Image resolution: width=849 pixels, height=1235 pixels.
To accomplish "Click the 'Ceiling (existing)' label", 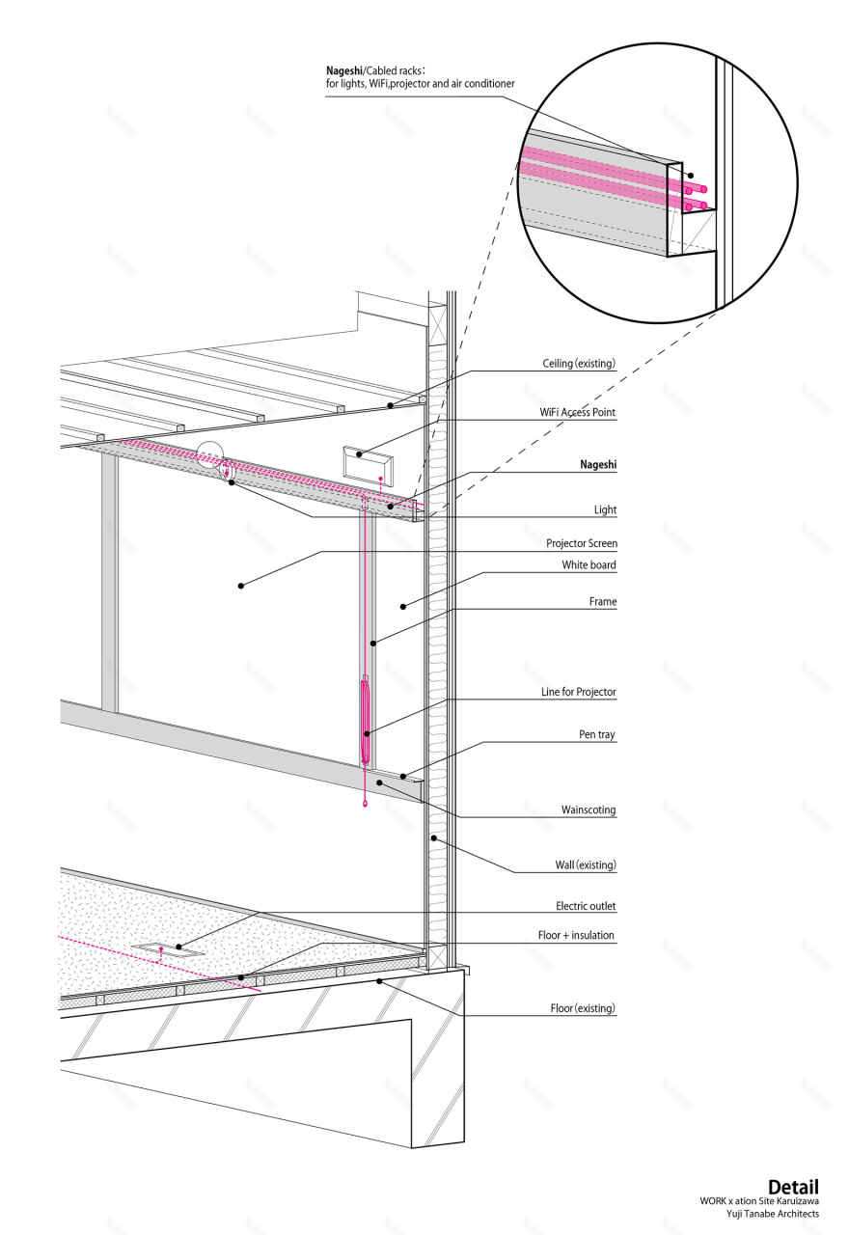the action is (x=579, y=364).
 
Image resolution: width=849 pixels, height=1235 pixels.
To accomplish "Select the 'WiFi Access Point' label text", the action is (x=577, y=412).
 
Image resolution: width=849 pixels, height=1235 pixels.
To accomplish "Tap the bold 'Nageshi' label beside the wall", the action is (x=598, y=464).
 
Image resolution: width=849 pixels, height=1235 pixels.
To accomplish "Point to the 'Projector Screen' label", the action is (x=582, y=543).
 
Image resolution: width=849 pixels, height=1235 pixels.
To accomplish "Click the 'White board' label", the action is (x=589, y=564).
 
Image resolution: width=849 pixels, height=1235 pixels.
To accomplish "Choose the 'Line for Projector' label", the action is (x=578, y=692).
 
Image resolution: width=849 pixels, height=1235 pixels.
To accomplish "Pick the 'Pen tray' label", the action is (x=596, y=734).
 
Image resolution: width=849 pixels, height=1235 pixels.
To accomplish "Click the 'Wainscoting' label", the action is (x=589, y=810).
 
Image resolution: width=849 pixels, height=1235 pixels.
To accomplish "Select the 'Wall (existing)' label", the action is (x=586, y=864).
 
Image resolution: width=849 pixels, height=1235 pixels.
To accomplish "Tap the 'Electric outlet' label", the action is (x=586, y=906).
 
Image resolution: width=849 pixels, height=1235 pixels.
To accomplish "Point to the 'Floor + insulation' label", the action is (x=576, y=935).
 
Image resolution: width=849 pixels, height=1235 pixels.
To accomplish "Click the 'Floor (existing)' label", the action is (x=583, y=1008).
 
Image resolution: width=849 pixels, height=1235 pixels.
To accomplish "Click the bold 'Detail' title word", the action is (x=793, y=1187).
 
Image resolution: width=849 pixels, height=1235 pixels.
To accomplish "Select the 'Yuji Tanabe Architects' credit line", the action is (x=773, y=1213).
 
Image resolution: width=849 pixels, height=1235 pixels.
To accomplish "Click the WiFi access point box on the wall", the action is (x=369, y=465).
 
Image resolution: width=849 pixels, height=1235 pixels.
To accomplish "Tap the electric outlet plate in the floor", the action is (x=168, y=948).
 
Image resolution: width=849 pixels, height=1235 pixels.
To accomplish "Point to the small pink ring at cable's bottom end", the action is (x=365, y=804).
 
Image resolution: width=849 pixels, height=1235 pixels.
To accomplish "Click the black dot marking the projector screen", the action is (x=241, y=586).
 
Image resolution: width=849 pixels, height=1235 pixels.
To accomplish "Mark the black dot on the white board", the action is (x=403, y=607).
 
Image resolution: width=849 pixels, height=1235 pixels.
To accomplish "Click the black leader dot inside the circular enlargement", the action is (x=690, y=176).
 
